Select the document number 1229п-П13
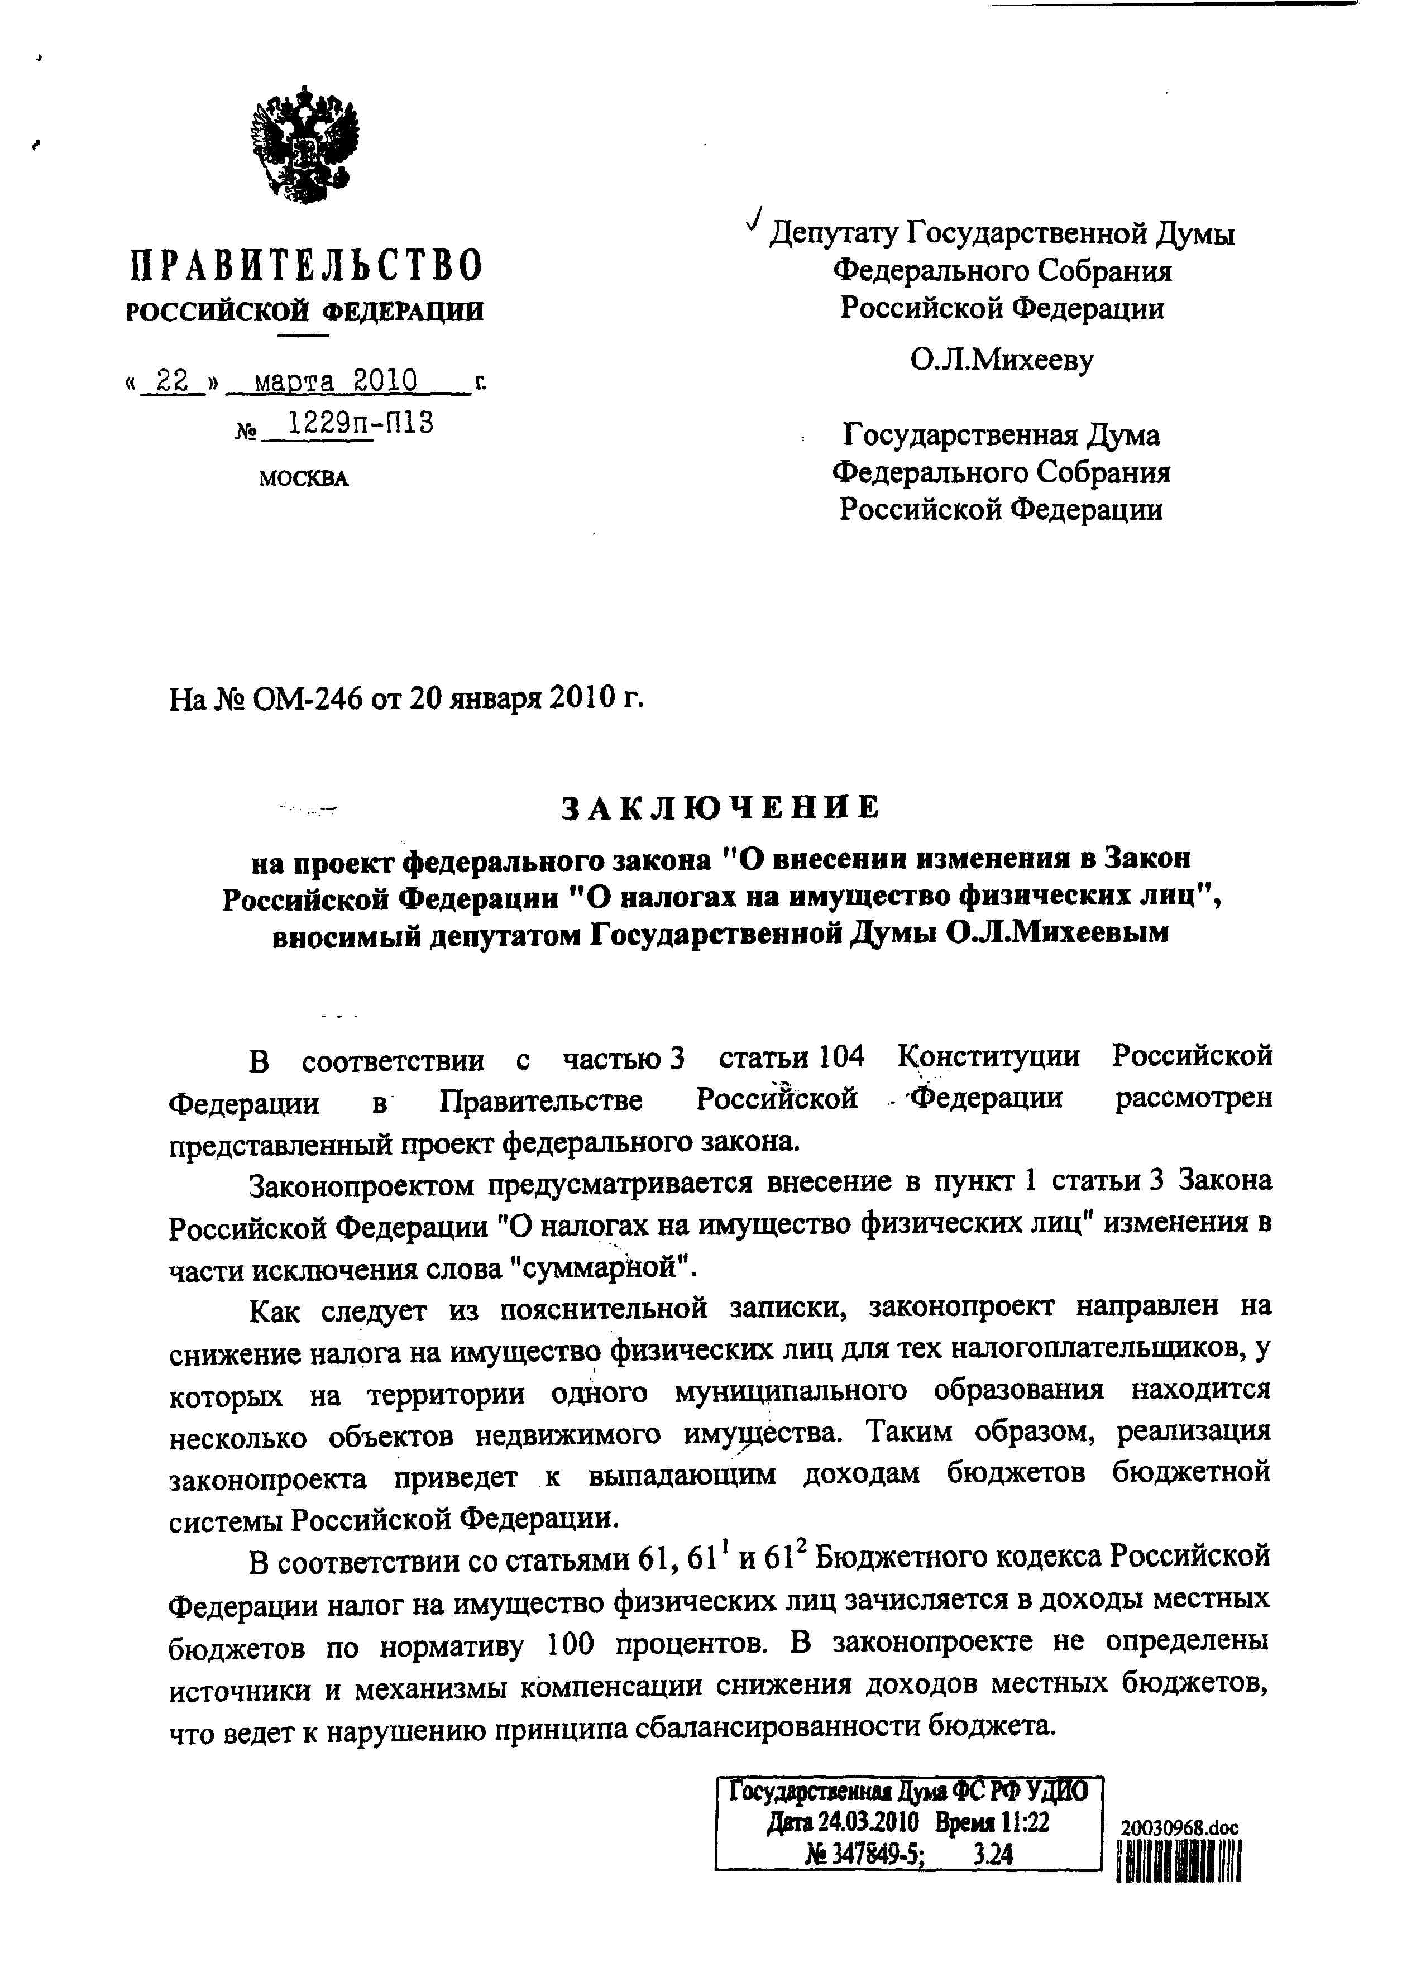(x=361, y=423)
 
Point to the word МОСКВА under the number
(x=303, y=478)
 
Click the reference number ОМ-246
(x=307, y=698)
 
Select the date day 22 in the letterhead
(x=172, y=381)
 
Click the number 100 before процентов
(x=571, y=1645)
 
